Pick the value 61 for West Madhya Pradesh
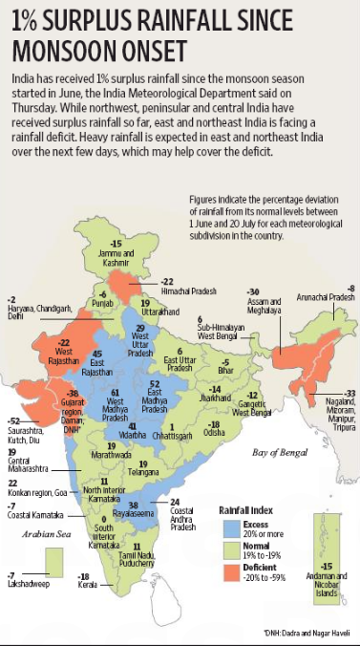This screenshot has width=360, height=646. pos(116,393)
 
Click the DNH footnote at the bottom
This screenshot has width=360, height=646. pos(305,630)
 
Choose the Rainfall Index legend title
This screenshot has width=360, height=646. pos(251,510)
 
